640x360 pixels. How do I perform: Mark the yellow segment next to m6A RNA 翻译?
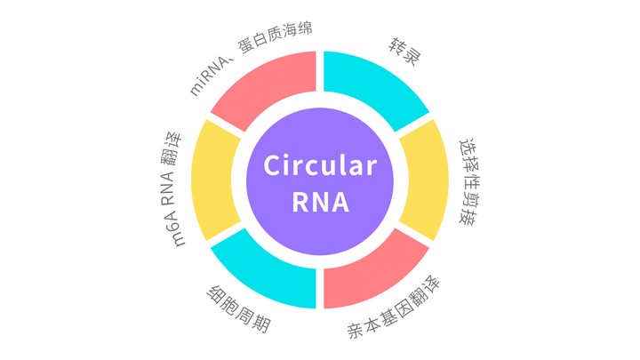(213, 180)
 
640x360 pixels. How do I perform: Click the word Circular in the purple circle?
(320, 165)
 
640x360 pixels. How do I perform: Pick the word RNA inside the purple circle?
(320, 202)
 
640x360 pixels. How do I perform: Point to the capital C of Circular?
(273, 165)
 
